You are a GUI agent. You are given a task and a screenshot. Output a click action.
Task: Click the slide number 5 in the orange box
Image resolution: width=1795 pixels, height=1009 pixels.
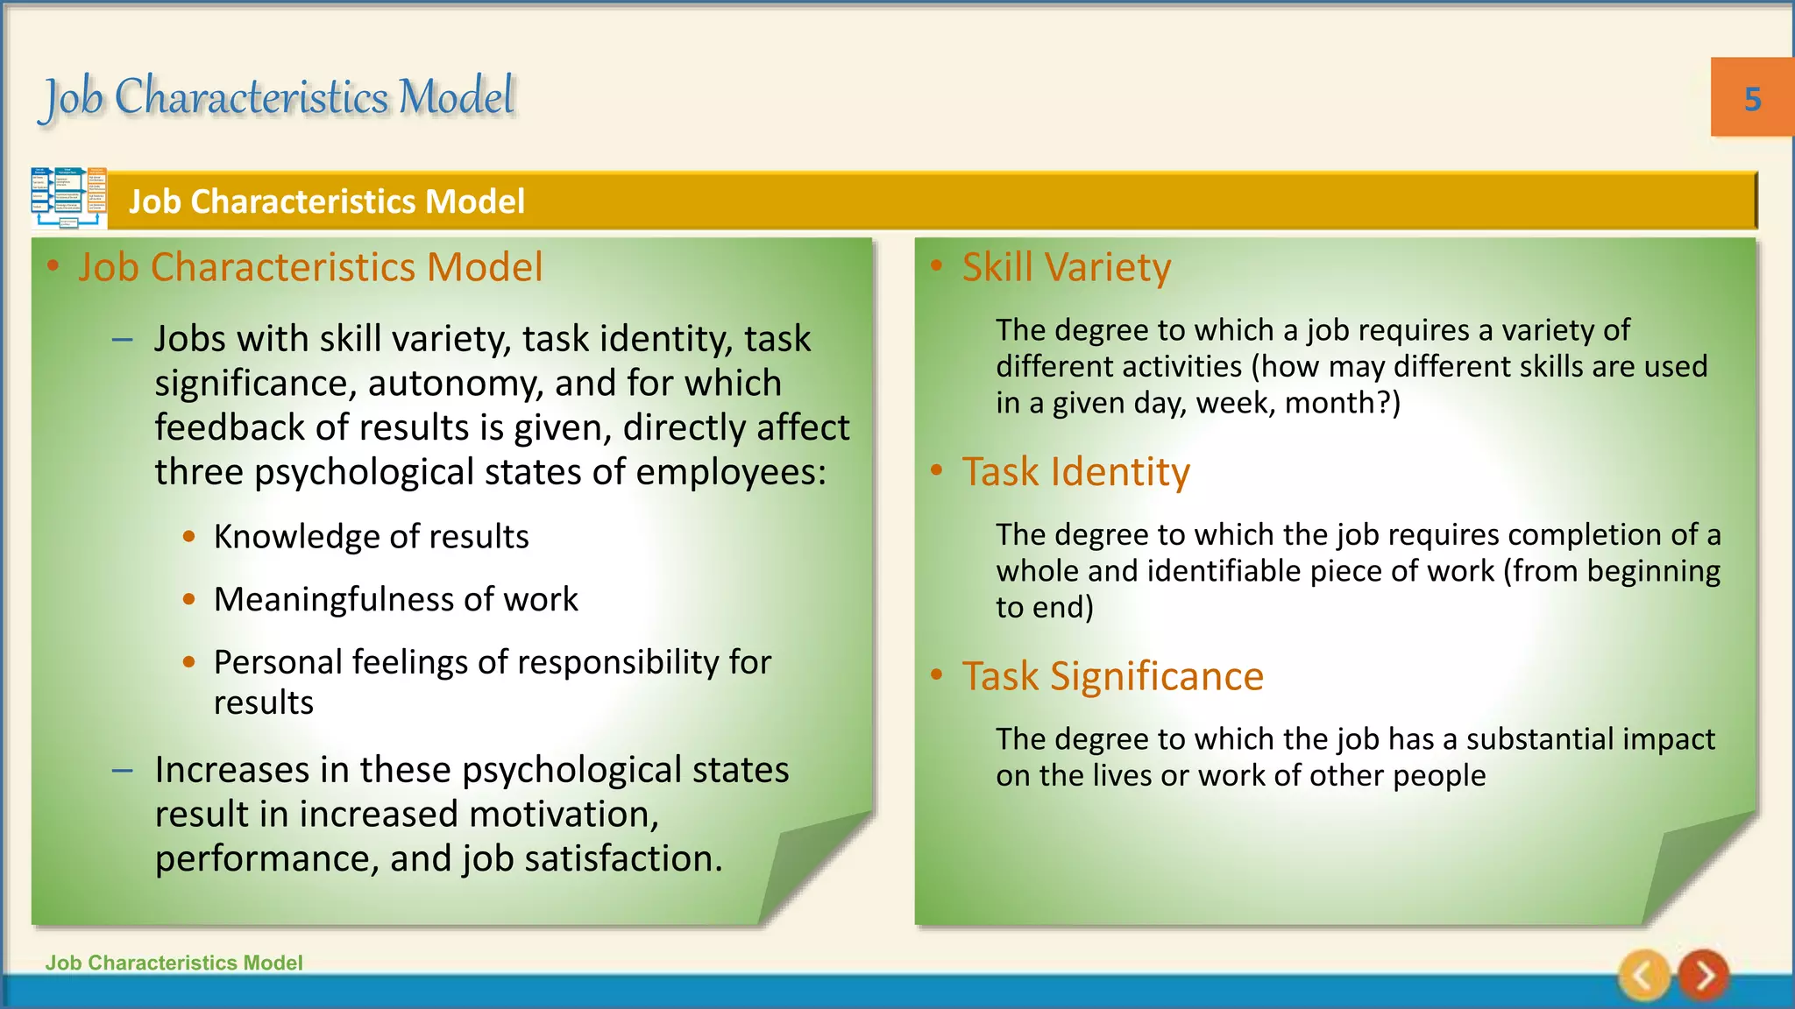1752,99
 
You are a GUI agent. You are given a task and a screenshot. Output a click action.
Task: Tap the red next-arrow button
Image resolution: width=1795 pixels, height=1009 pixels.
1703,975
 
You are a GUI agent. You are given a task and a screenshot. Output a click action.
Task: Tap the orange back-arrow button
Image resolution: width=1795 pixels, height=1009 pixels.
1644,975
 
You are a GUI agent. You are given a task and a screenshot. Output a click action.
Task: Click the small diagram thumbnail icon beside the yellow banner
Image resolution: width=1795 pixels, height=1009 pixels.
69,198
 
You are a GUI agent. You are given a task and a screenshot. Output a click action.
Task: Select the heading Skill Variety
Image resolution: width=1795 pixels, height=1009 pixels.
1066,267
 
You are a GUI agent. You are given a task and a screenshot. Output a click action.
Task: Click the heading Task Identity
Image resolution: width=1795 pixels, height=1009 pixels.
1075,472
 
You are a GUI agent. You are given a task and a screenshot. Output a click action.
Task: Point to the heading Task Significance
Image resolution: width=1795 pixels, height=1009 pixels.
1112,676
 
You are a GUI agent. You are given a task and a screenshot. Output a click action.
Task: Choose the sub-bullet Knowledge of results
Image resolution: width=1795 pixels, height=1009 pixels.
371,537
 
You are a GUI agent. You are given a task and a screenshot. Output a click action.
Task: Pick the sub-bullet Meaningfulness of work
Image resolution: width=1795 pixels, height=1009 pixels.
395,600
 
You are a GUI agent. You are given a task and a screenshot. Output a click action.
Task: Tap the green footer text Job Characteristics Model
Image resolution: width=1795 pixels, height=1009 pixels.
174,963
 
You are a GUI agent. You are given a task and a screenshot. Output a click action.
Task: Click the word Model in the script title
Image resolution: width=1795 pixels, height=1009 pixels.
456,96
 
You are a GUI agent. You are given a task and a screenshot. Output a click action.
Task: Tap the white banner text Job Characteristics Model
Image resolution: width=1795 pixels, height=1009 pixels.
326,201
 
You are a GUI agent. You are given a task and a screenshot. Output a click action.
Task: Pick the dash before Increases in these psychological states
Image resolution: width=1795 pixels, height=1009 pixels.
123,771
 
